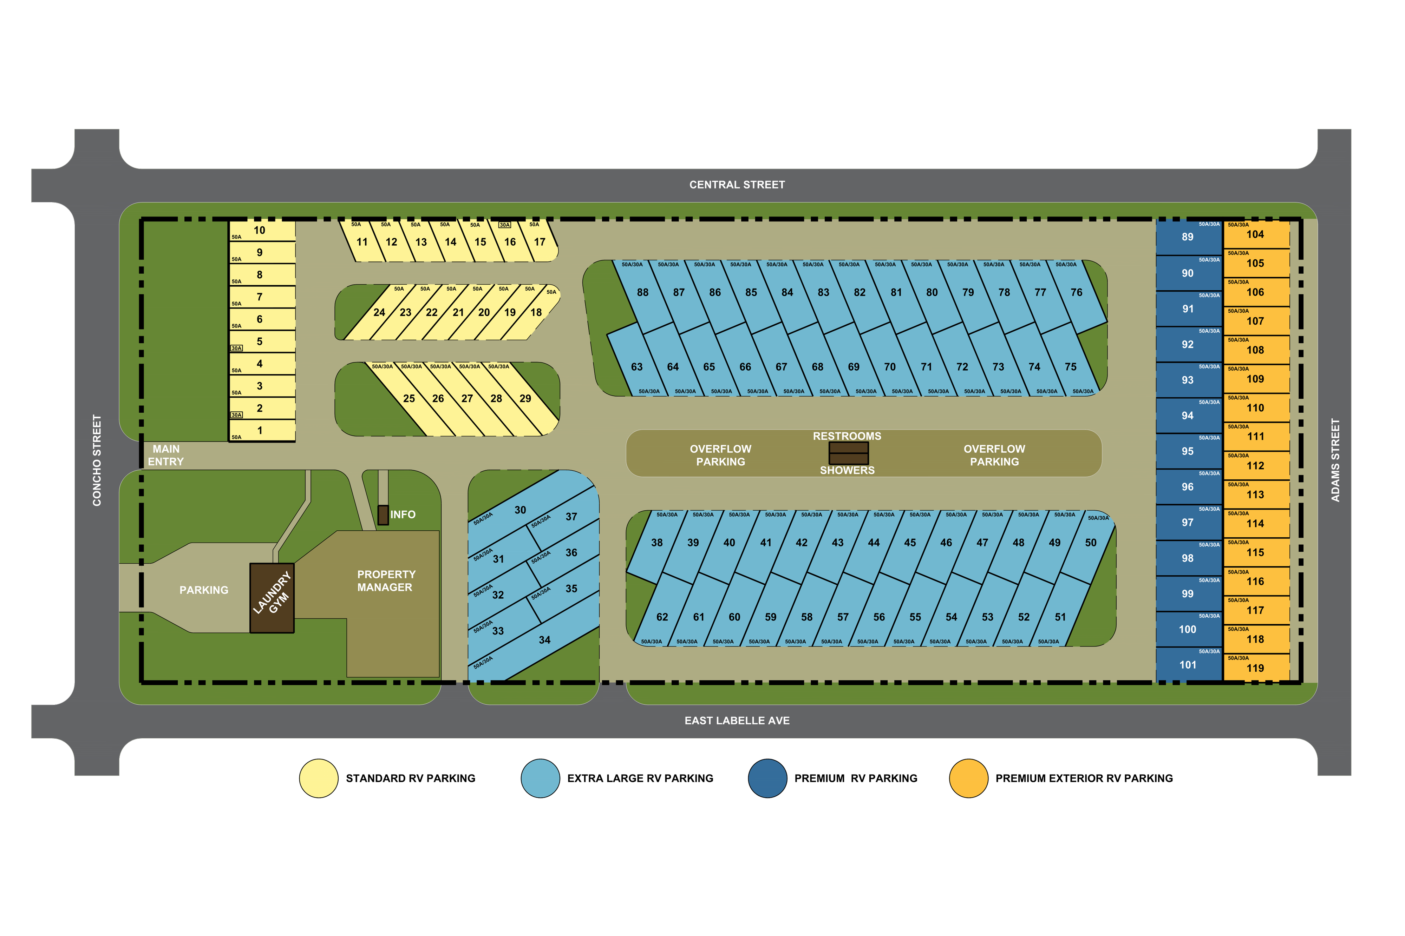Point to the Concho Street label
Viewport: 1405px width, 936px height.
[97, 460]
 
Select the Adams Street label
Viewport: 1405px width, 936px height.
[1336, 460]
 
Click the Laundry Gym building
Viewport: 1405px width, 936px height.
[272, 598]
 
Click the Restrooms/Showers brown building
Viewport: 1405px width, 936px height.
[848, 453]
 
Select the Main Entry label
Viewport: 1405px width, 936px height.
[165, 455]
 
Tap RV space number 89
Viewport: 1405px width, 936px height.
[1188, 237]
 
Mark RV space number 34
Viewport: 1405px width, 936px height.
[544, 640]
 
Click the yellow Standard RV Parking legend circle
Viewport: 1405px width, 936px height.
[319, 778]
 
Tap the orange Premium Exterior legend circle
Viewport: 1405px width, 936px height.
[968, 778]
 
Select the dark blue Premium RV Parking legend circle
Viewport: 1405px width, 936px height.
[767, 778]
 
